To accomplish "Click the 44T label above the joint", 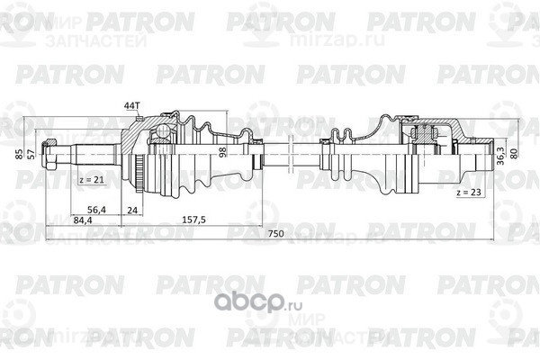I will coord(131,106).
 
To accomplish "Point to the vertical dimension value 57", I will coord(32,152).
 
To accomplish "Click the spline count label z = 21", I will coord(90,181).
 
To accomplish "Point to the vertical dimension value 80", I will coord(514,152).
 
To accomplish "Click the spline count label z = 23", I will coord(469,192).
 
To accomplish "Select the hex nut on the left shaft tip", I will coord(56,150).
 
